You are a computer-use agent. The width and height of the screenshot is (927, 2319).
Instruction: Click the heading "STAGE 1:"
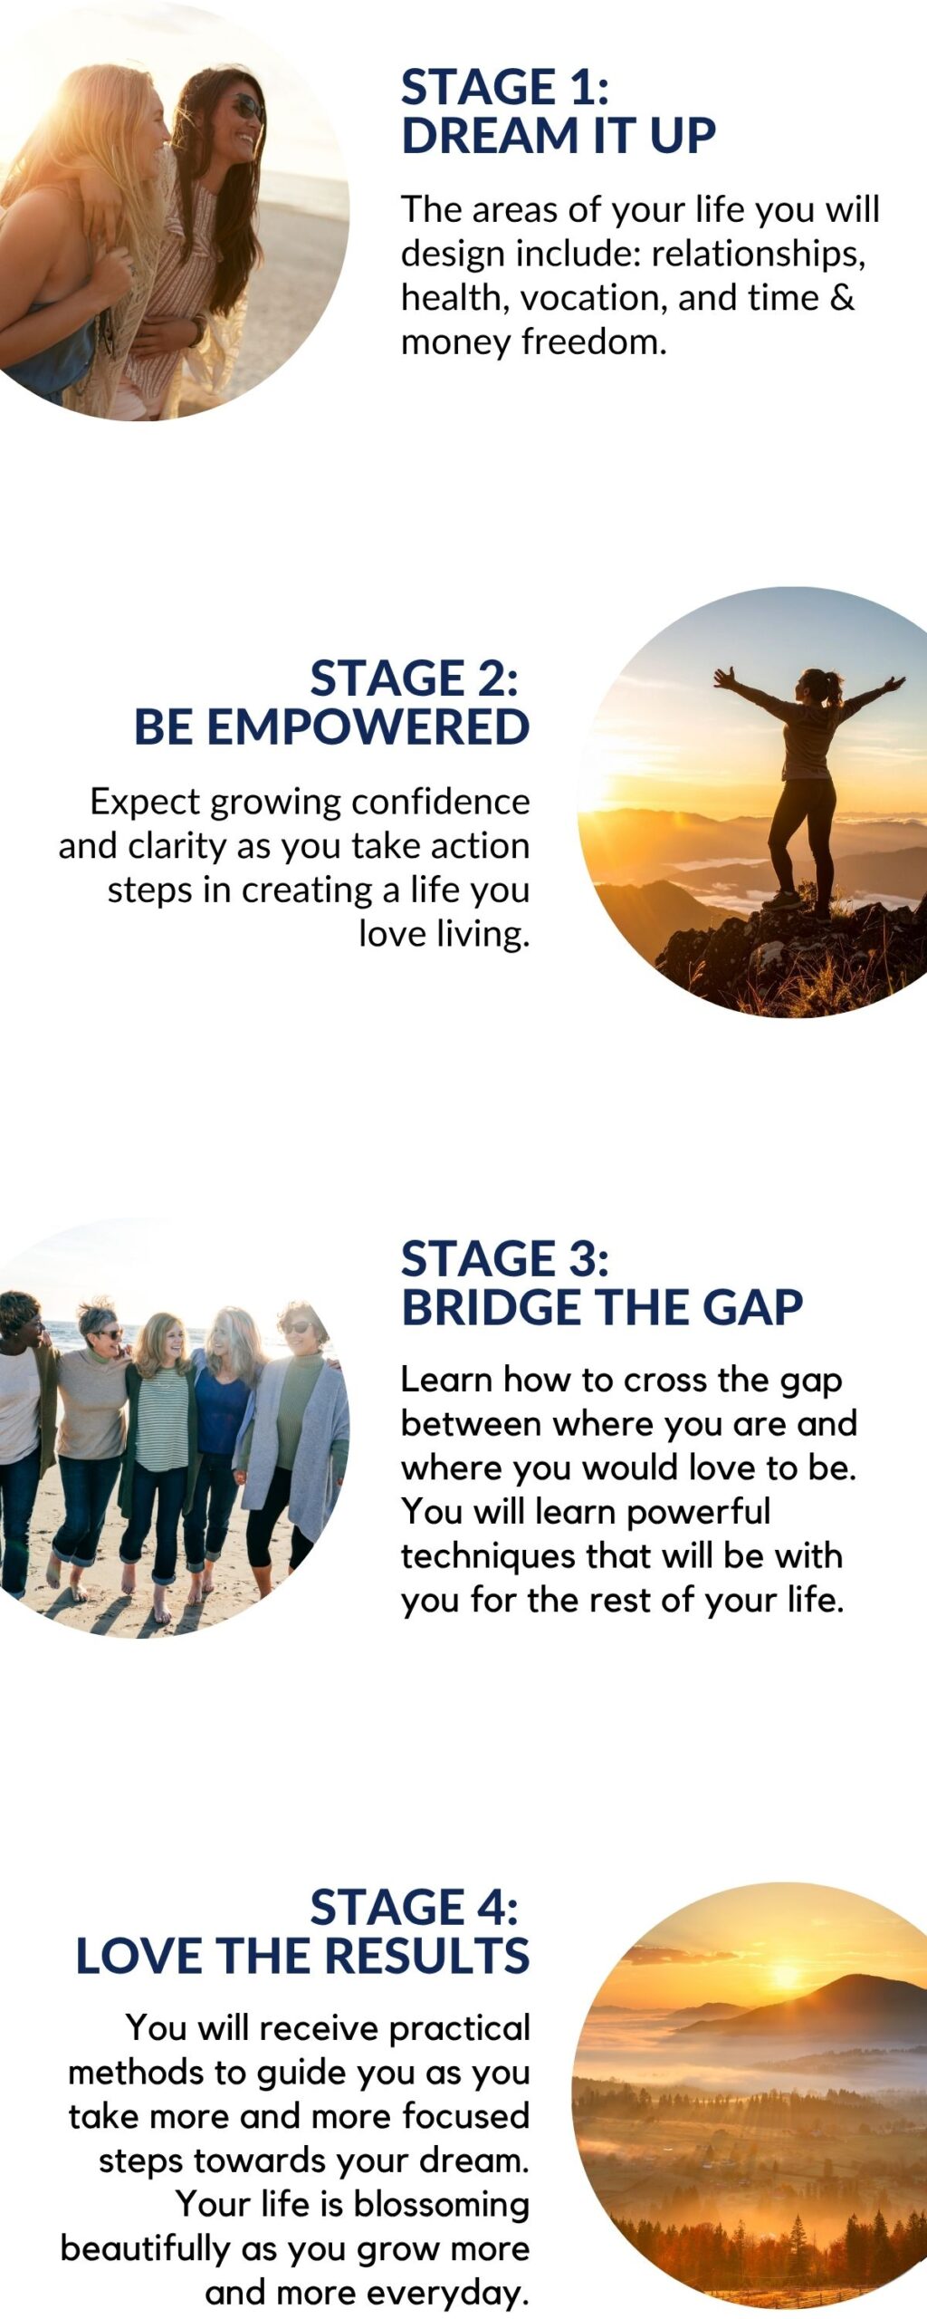[x=505, y=87]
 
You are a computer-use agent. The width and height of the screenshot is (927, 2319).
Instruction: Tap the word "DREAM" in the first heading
[x=490, y=136]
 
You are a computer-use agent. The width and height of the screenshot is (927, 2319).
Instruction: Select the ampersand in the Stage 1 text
[x=842, y=297]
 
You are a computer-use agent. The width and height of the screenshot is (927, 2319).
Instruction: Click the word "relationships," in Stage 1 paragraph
[x=759, y=254]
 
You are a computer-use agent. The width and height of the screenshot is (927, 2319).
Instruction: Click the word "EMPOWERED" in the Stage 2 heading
[x=368, y=727]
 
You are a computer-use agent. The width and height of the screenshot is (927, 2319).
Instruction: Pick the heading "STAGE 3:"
[x=505, y=1259]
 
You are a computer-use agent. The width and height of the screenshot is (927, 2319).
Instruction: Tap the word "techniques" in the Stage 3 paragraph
[x=488, y=1556]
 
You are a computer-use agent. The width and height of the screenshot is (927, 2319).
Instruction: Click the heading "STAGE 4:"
[x=415, y=1907]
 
